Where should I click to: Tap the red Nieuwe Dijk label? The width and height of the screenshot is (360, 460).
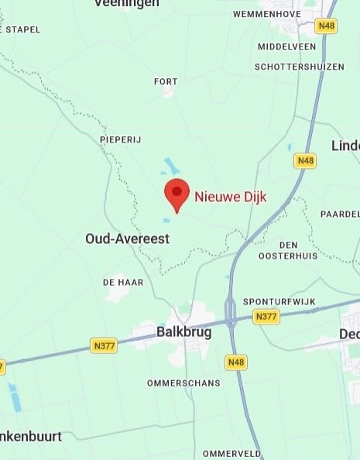click(x=230, y=197)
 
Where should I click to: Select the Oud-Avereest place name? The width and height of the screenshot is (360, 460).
click(x=127, y=239)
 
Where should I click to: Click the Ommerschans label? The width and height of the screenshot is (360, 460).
click(x=183, y=383)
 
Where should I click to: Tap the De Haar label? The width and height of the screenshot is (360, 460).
click(x=123, y=283)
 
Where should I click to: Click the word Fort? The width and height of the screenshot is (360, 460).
click(x=166, y=81)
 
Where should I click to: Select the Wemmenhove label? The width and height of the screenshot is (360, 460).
click(x=266, y=14)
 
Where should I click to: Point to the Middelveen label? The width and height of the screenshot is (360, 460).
click(x=286, y=46)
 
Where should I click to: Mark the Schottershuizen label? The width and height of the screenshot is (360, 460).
click(x=299, y=67)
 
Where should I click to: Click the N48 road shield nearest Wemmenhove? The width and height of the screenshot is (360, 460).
click(x=327, y=26)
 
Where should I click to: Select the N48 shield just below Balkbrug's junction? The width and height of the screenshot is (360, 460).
click(x=236, y=362)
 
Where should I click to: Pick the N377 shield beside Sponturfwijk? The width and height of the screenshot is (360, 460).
click(x=266, y=317)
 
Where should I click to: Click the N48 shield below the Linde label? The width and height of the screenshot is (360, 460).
click(x=305, y=161)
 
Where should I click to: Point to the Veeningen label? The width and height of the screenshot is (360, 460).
click(x=126, y=4)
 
